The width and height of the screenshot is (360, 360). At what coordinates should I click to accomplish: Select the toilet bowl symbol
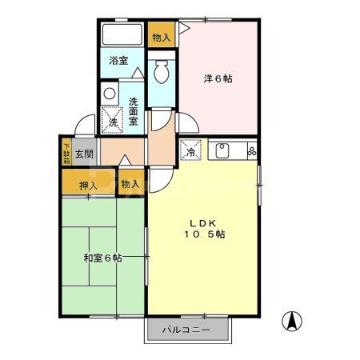(161, 72)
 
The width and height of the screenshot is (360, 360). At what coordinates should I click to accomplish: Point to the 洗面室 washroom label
(135, 111)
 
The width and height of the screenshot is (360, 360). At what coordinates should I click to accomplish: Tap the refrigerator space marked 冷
(192, 150)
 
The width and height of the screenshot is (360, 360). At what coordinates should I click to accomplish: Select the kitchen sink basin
(222, 150)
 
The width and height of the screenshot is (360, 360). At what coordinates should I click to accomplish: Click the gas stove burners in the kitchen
(251, 149)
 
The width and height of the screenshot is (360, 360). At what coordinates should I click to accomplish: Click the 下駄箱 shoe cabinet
(66, 152)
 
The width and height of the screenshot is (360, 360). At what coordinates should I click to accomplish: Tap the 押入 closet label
(89, 186)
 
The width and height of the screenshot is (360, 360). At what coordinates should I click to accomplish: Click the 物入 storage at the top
(161, 36)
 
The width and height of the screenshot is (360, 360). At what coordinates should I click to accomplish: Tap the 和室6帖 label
(102, 258)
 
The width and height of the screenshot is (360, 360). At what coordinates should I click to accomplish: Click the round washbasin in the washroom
(110, 93)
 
